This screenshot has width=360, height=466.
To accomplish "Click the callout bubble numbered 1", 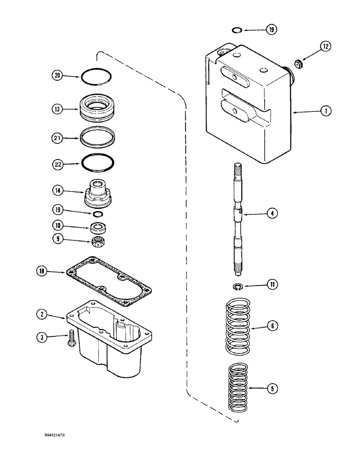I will point(325,111).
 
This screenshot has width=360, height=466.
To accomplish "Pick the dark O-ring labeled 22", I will point(99,163).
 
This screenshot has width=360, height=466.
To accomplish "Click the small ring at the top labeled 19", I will point(237,30).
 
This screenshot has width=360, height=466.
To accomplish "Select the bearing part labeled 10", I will point(98,227).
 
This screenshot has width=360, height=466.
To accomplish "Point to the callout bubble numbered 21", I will point(57,138).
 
